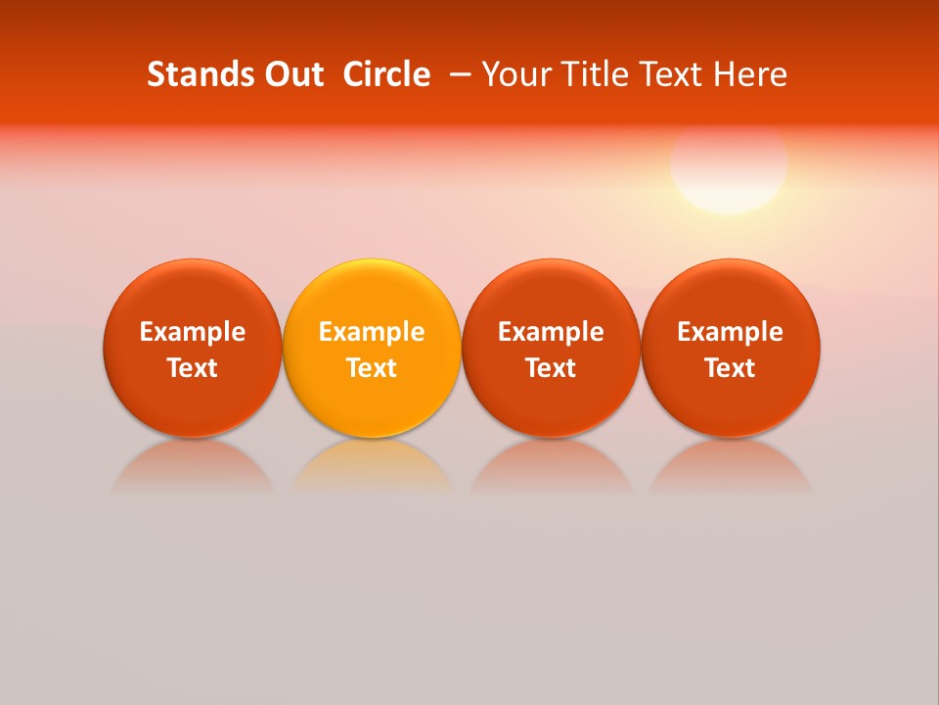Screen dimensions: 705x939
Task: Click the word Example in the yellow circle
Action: click(x=372, y=332)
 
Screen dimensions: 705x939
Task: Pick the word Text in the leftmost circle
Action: click(x=192, y=368)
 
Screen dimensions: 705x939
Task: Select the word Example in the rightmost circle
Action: click(x=731, y=332)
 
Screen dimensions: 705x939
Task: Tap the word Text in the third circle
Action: click(x=551, y=368)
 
